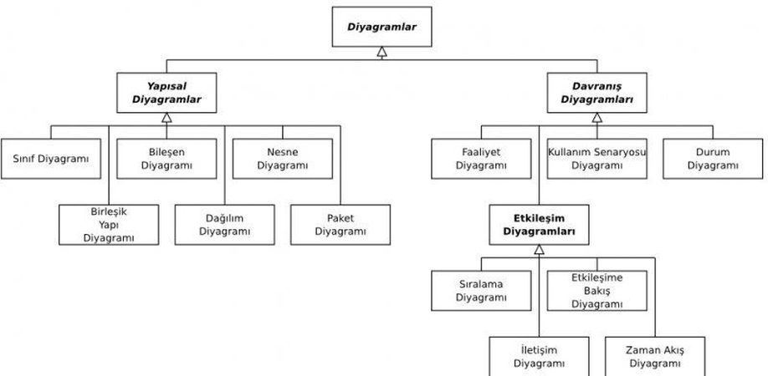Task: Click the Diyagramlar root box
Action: click(381, 27)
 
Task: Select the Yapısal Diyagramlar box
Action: click(166, 93)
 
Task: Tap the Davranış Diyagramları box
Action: click(596, 93)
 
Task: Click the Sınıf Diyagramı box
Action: click(50, 158)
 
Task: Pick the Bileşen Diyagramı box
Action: click(166, 158)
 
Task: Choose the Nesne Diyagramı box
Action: click(283, 158)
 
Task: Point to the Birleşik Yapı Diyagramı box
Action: click(109, 224)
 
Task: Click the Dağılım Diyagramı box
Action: click(224, 224)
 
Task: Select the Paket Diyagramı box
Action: click(340, 224)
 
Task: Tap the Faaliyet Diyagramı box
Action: click(481, 158)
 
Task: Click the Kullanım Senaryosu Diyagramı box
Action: click(596, 158)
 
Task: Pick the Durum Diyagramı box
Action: click(713, 158)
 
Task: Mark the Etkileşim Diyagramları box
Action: click(539, 224)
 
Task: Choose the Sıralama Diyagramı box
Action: click(481, 290)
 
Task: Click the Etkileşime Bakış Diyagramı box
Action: click(596, 290)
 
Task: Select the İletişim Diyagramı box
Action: click(539, 356)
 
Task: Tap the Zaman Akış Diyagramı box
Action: click(654, 356)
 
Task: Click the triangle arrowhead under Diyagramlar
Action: click(381, 52)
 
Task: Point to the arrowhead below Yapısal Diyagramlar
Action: click(166, 118)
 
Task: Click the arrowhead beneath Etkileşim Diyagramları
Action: click(539, 249)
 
